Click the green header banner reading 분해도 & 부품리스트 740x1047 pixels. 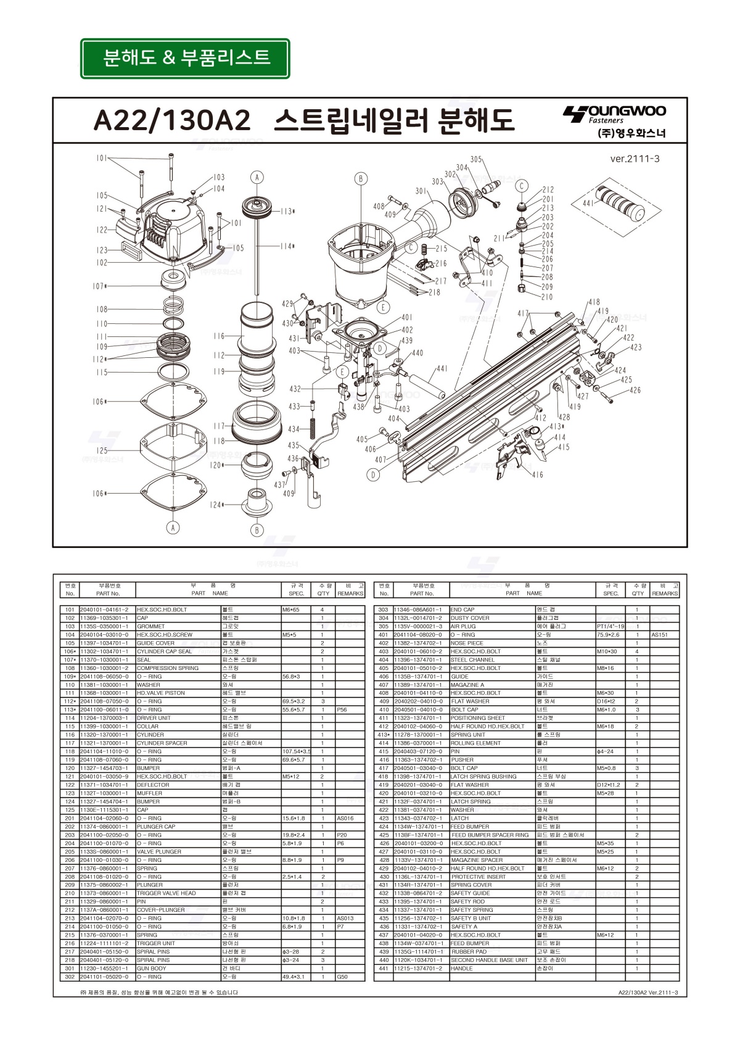coord(185,58)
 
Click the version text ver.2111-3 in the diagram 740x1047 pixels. coord(635,159)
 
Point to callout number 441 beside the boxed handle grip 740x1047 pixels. coord(588,203)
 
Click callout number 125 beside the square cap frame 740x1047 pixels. coord(102,451)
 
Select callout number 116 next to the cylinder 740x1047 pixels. coord(220,336)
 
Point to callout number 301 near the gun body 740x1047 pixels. coord(421,191)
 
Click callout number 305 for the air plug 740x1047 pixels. coord(476,159)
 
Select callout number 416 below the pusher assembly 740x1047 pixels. coord(537,474)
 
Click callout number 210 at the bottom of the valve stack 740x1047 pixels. coord(547,297)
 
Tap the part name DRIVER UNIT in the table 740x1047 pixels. coord(154,718)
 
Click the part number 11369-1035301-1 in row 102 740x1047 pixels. coord(104,618)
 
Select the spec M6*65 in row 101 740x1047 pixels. coord(290,610)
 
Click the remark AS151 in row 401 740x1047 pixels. coord(659,634)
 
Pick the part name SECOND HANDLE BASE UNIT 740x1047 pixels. coord(490,960)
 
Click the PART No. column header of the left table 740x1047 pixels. coord(108,594)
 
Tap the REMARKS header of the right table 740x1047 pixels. coord(665,594)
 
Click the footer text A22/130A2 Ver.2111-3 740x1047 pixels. coord(647,992)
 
